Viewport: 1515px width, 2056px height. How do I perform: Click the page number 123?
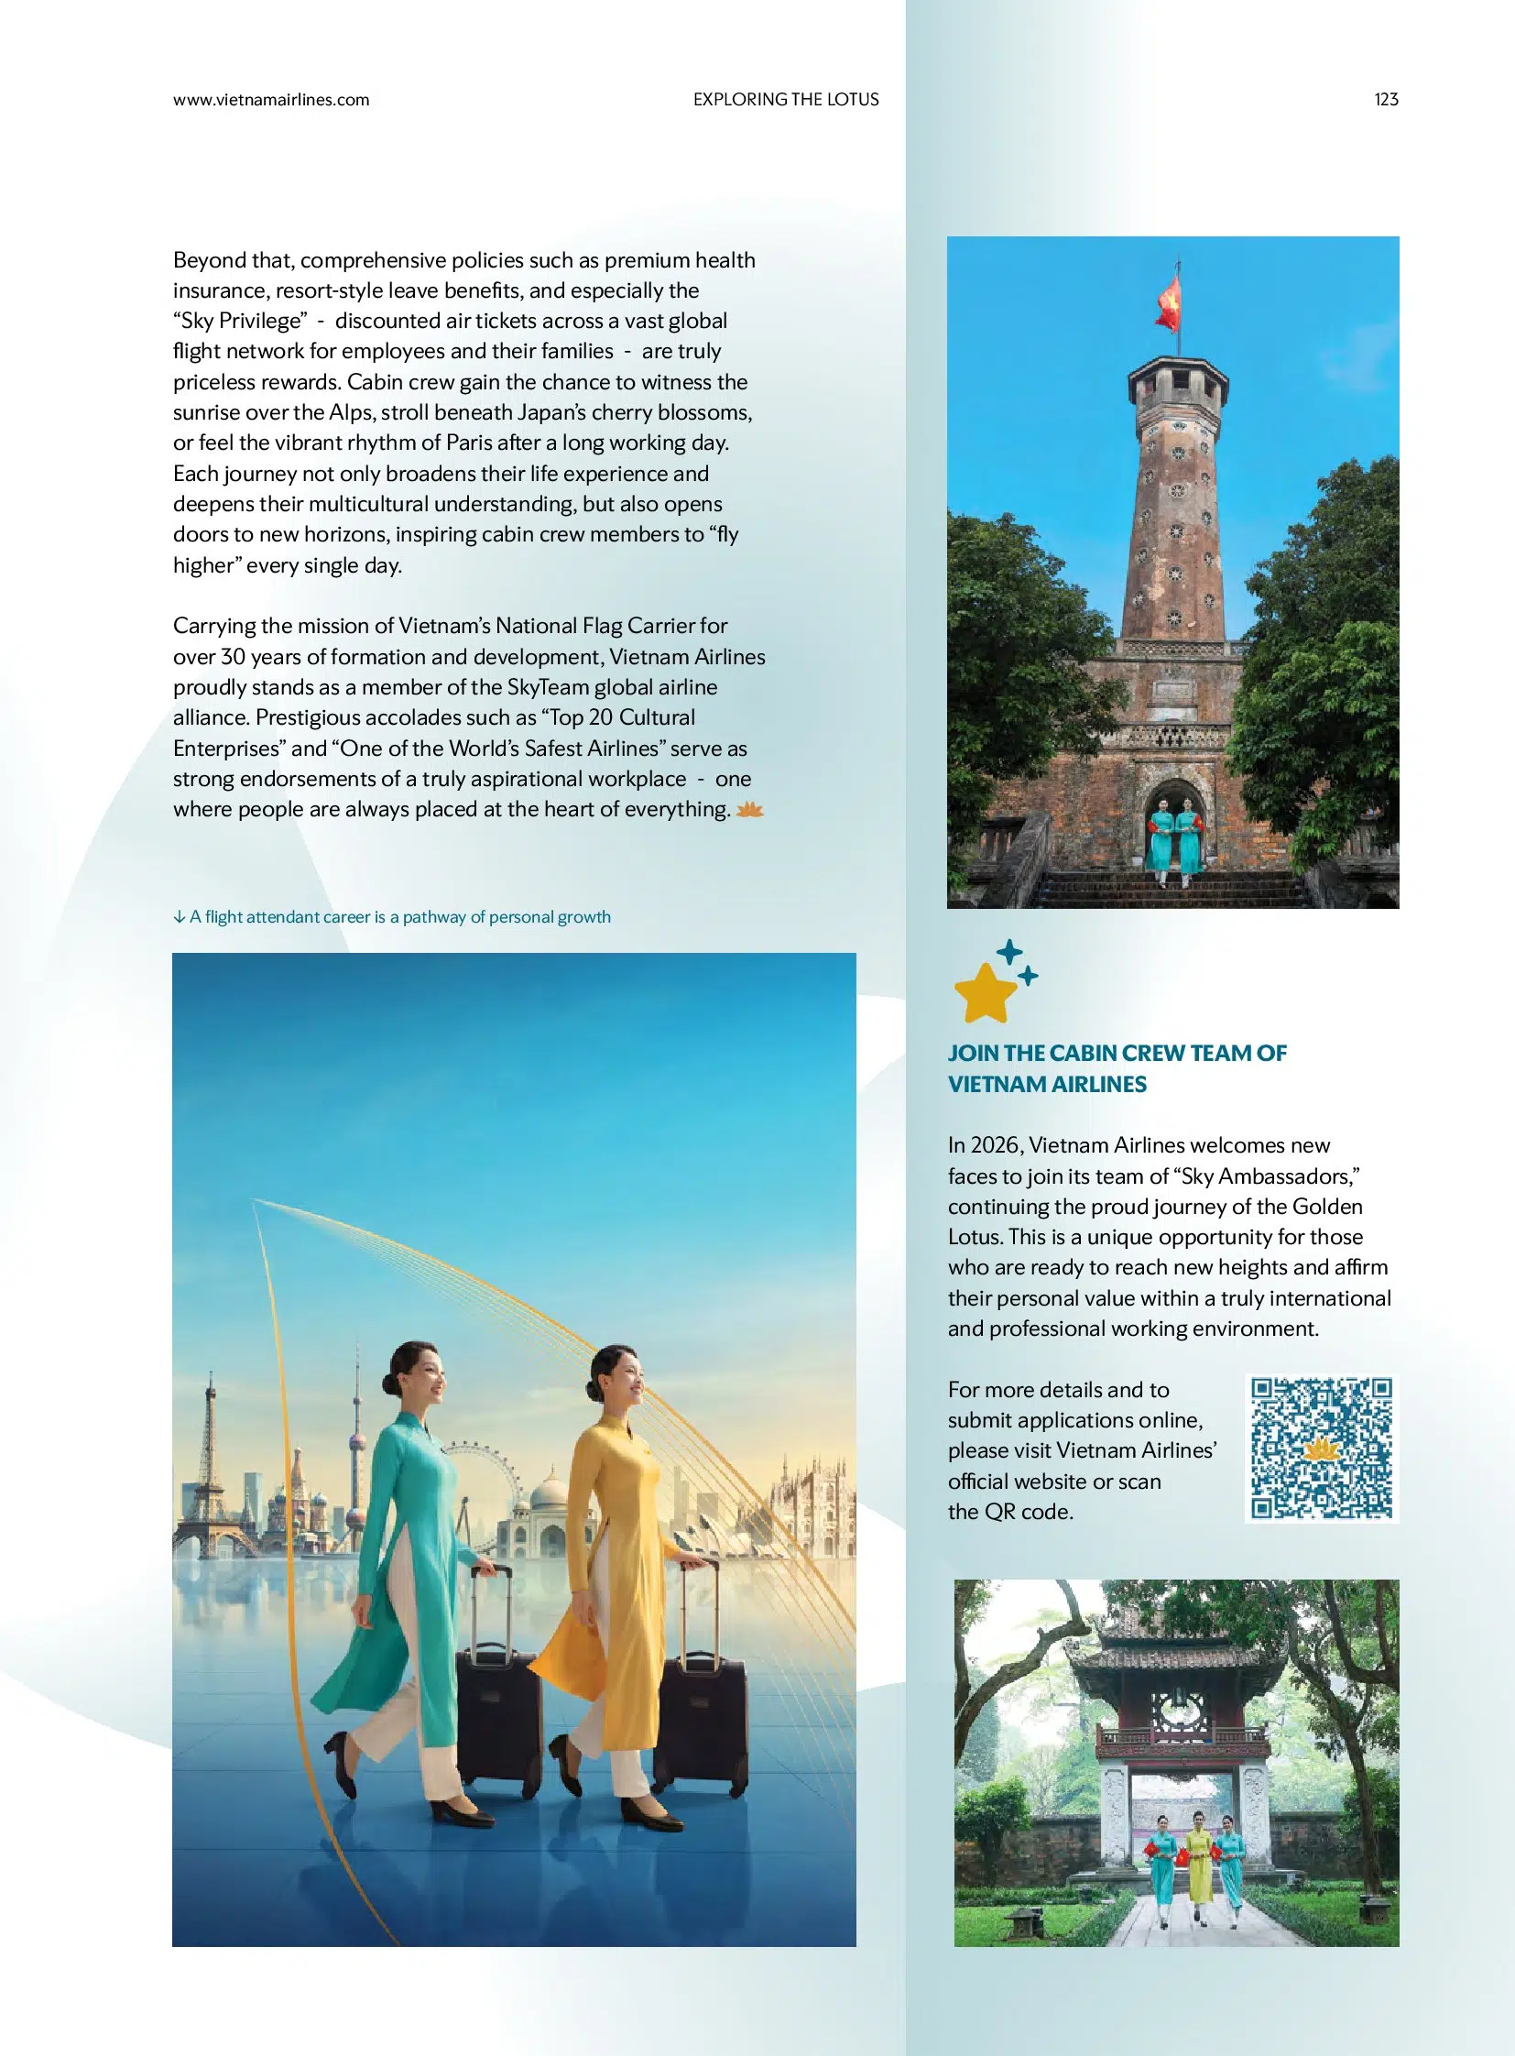(1386, 99)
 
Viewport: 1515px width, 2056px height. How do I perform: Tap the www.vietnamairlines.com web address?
(270, 100)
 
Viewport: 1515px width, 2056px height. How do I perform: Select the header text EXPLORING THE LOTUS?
(785, 99)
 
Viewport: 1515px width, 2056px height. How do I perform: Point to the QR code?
(1321, 1449)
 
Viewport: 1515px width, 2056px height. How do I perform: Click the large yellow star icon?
(984, 991)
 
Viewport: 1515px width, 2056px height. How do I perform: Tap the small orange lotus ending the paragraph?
(749, 809)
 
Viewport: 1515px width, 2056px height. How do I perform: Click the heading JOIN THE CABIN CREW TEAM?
(1116, 1054)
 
